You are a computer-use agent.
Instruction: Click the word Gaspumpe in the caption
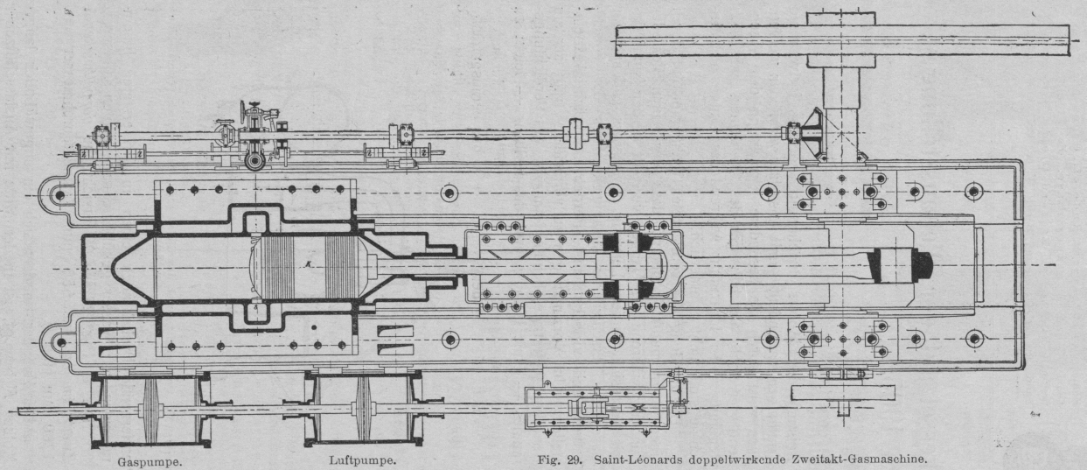point(150,459)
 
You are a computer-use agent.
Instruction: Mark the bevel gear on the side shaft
point(813,133)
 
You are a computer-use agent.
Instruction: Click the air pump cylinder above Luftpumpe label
point(364,410)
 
